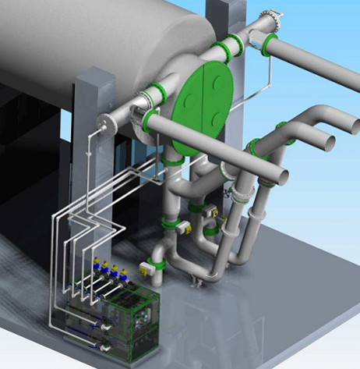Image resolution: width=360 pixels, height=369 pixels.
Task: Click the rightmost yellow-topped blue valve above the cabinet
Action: (x=125, y=273)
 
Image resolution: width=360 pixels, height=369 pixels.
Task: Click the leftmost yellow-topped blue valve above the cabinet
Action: (x=96, y=264)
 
